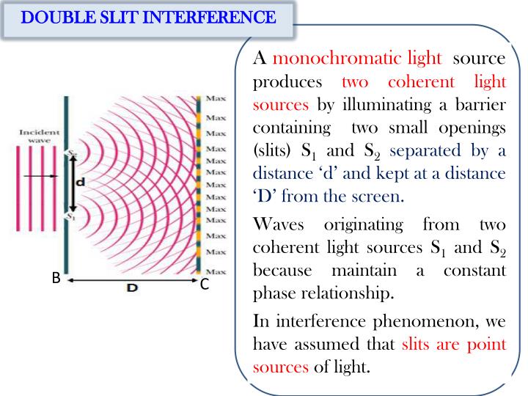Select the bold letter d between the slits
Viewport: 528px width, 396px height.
(x=79, y=183)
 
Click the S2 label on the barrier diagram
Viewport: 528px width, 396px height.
(x=71, y=153)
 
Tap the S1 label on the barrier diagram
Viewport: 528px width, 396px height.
(x=71, y=217)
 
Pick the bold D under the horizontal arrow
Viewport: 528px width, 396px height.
(x=132, y=289)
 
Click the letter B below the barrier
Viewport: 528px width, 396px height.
(x=55, y=279)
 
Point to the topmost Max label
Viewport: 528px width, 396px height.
(x=216, y=98)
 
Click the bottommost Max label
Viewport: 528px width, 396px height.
(x=216, y=272)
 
